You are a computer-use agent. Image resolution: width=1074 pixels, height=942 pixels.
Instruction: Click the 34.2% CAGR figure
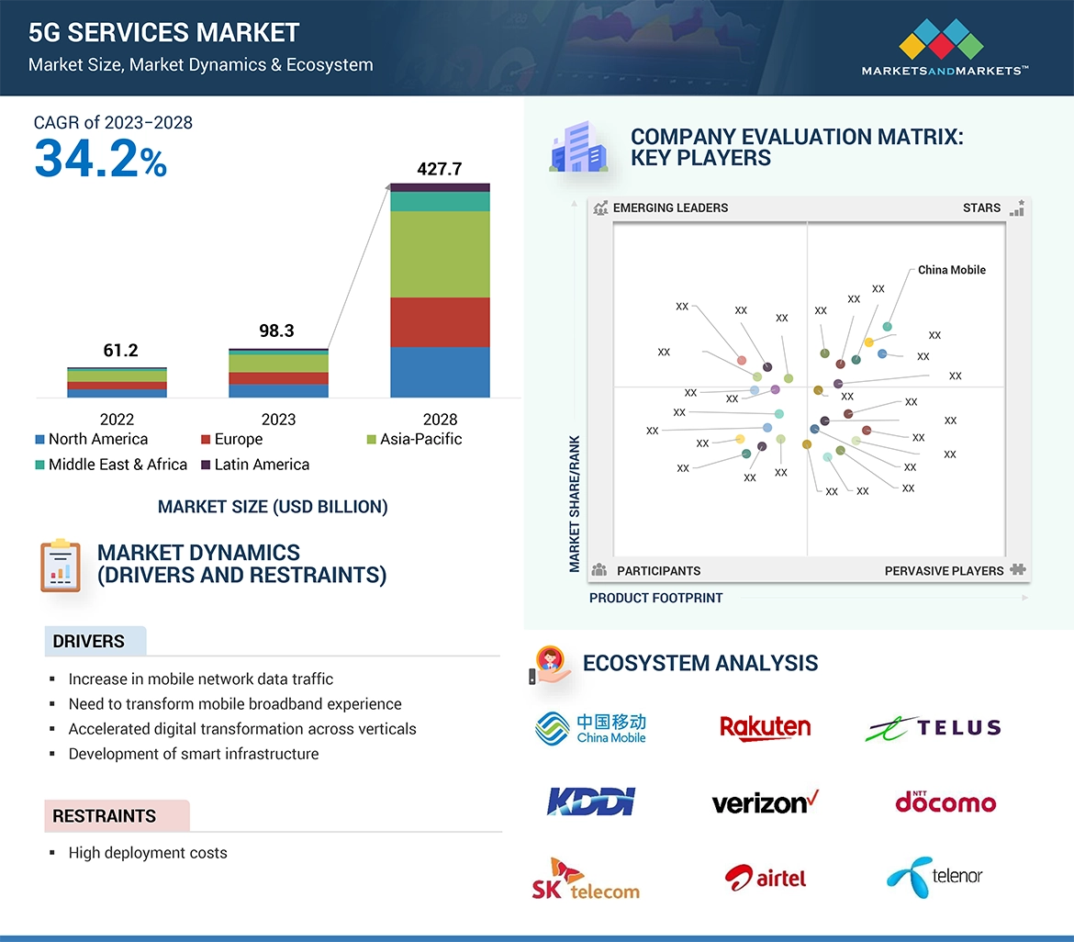[100, 158]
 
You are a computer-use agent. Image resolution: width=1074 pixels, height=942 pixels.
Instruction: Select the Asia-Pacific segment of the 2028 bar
[440, 254]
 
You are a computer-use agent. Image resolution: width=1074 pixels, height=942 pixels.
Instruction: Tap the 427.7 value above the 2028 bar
[439, 169]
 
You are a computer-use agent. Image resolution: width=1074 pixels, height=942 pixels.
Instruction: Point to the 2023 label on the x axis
[278, 420]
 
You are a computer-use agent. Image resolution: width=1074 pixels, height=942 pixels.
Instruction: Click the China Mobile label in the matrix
[952, 270]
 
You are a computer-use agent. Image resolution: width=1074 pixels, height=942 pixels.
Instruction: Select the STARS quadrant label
[981, 207]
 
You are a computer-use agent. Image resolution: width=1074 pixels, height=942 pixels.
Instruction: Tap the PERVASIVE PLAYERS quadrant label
[944, 571]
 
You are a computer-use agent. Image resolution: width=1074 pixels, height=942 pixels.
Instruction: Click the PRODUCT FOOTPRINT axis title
[655, 598]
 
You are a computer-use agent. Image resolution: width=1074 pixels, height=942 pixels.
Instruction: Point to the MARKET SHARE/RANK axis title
[575, 503]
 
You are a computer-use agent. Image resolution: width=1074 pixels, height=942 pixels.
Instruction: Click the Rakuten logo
[765, 728]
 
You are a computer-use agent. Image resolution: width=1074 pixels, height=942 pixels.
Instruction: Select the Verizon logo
[765, 802]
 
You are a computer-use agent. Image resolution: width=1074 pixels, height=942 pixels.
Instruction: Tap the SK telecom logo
[586, 880]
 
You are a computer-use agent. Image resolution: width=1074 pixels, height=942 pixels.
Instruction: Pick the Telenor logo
[934, 877]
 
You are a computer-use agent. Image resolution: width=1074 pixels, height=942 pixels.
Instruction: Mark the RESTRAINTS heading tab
[105, 816]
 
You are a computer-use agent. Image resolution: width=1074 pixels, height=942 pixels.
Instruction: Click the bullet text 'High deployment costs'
[148, 853]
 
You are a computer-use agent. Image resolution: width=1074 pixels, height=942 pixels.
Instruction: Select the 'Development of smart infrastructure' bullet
[194, 754]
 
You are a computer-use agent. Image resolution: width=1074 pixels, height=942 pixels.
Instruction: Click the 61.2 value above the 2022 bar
[120, 350]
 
